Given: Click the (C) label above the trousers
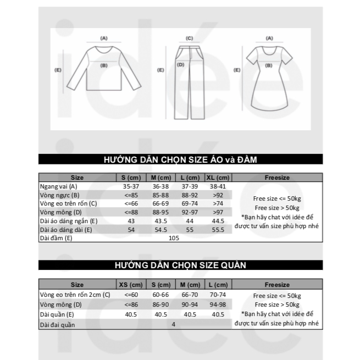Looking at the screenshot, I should pos(189,38).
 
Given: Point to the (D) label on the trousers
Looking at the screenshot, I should pos(180,65).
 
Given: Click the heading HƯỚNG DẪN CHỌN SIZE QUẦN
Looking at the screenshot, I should pos(180,265).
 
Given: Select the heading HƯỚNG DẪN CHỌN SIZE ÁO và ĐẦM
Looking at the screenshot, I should pos(180,160).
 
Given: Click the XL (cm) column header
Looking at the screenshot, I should pos(217,178).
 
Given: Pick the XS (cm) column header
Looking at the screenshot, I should pos(131,285).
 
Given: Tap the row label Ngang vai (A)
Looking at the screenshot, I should pos(58,187).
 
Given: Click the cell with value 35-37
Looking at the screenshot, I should pos(131,187).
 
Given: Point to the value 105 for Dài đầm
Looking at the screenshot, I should pos(174,238).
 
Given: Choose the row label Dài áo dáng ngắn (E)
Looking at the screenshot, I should pos(69,221).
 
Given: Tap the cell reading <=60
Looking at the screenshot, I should pos(131,295).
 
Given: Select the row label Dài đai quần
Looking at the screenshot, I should pos(57,324).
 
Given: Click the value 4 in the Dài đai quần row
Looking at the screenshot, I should pos(174,324).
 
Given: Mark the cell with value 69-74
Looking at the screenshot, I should pos(189,203).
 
